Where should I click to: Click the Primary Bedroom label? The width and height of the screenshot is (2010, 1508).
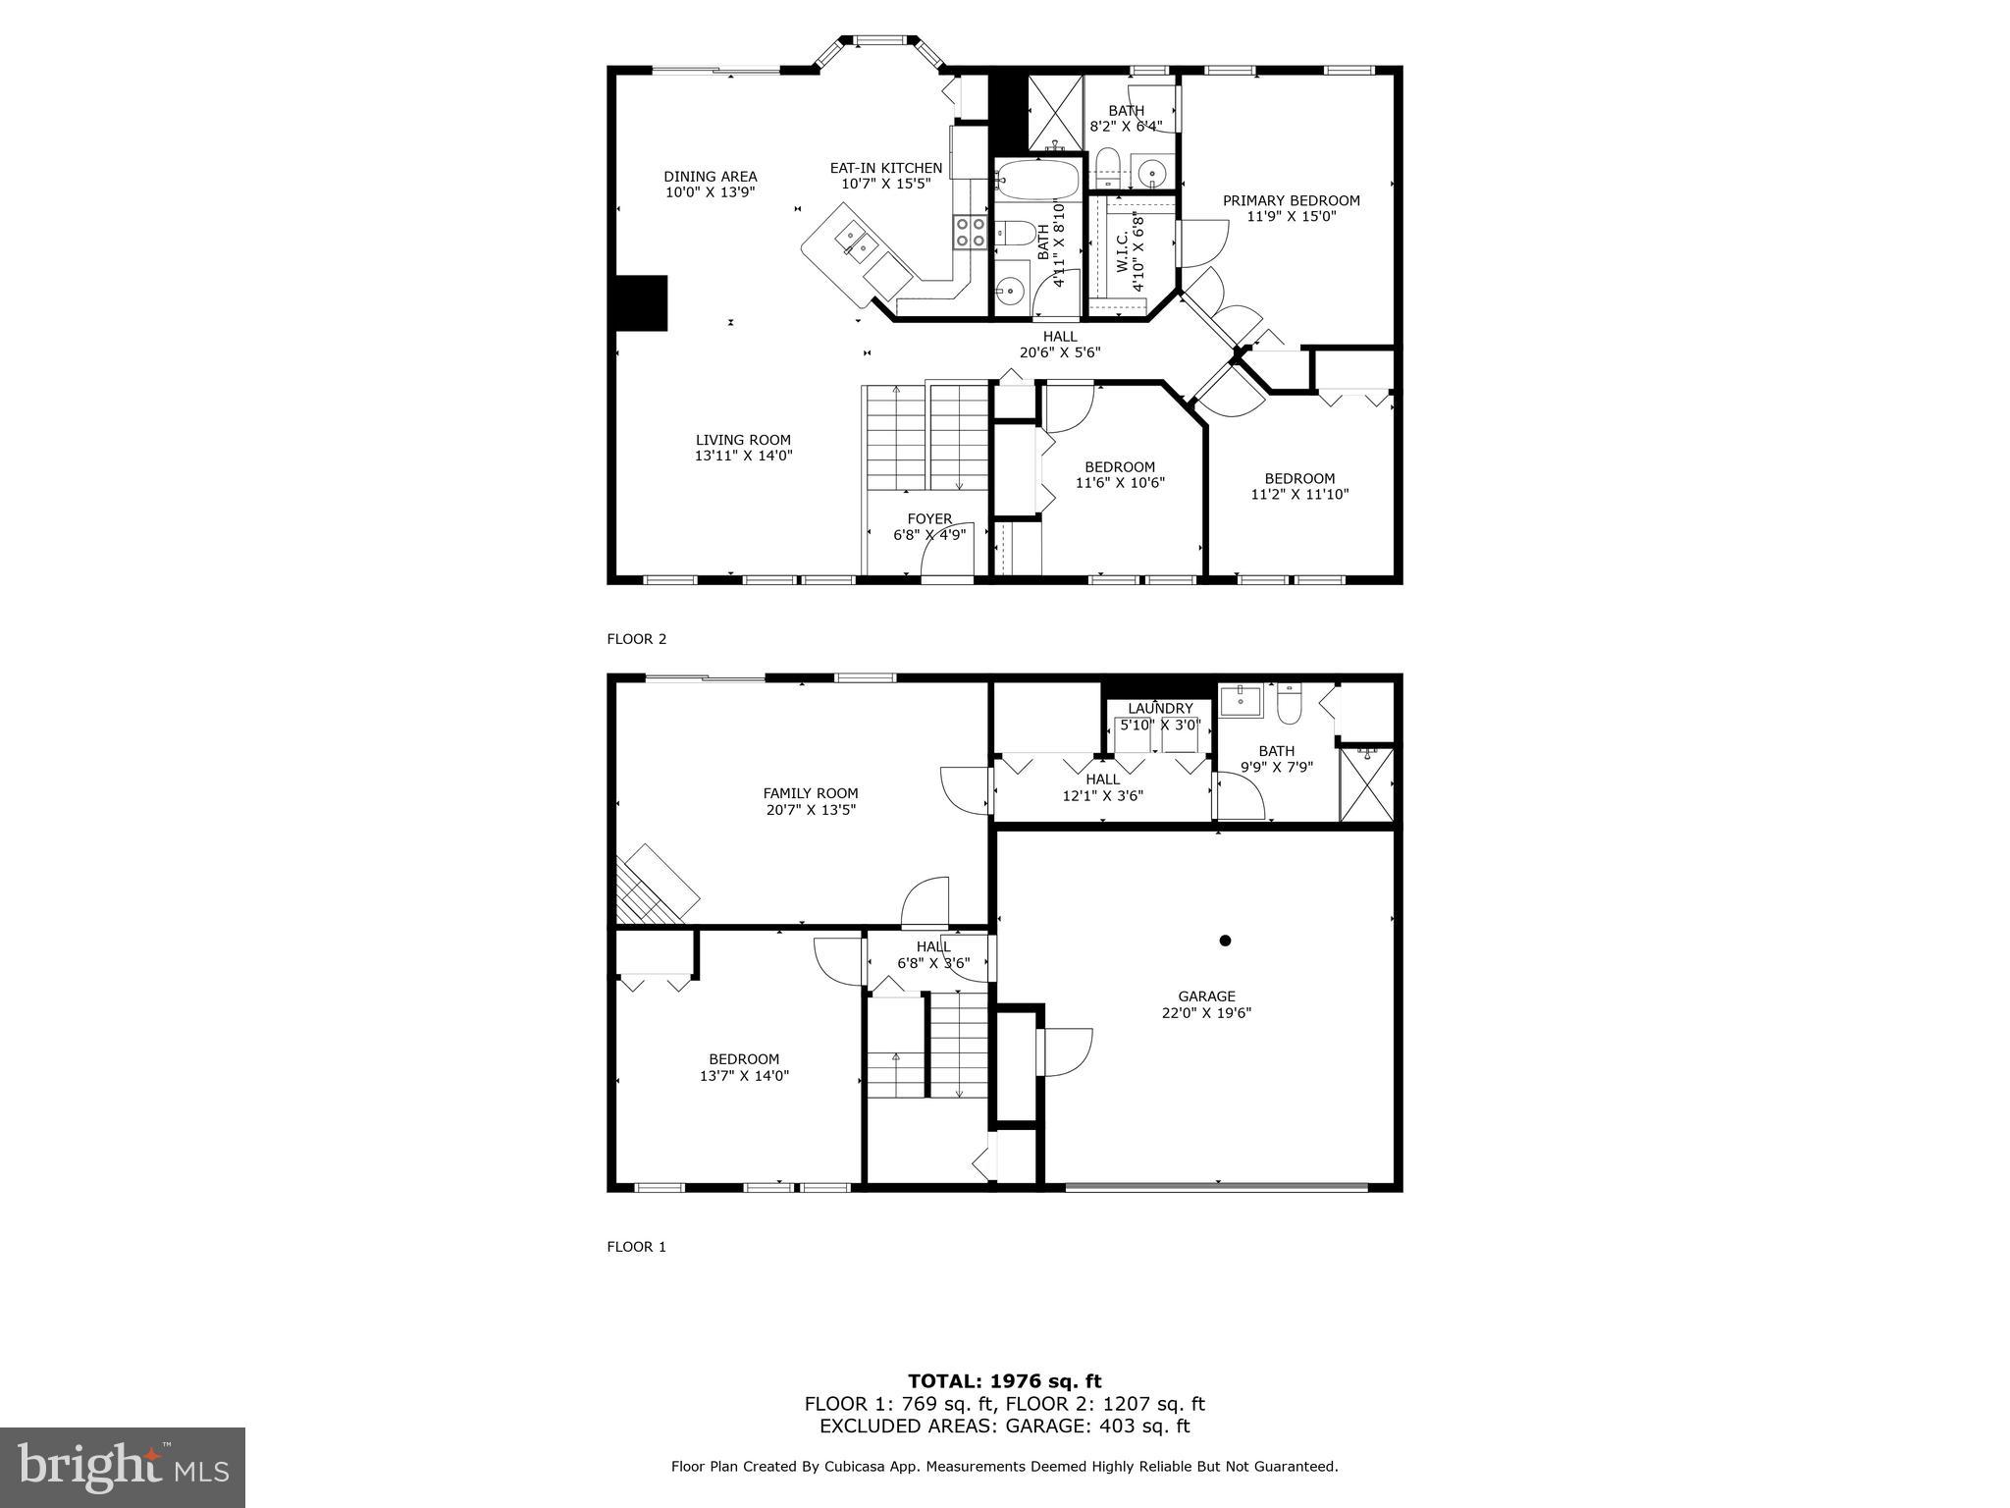1291,200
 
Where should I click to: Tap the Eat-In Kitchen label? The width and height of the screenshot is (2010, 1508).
885,168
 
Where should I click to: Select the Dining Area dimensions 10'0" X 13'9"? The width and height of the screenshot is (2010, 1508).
711,192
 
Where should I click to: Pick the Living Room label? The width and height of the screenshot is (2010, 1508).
743,440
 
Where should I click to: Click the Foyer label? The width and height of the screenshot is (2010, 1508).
928,518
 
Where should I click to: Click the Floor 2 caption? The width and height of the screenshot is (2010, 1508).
636,639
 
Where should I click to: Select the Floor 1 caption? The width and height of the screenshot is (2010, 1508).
636,1247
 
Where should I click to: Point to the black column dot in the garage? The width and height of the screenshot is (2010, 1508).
1225,941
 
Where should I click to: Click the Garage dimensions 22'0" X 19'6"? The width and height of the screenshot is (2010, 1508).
1206,1012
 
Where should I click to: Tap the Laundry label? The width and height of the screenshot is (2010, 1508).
1160,708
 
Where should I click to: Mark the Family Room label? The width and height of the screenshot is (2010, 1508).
811,793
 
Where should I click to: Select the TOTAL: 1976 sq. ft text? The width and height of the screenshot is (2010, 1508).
1004,1381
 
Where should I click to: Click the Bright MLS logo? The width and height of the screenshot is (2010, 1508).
122,1467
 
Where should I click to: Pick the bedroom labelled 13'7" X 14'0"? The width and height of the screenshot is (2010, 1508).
744,1075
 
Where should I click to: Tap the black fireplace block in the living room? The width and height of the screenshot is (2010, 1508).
641,302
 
